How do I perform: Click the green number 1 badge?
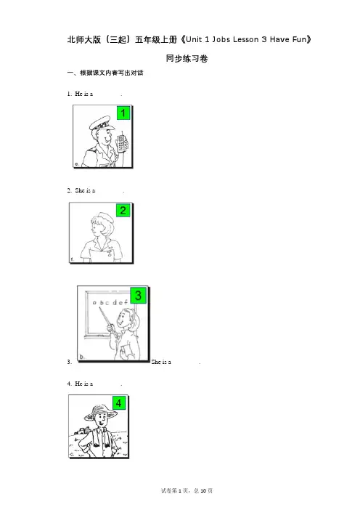[x=123, y=113]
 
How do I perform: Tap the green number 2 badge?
[x=123, y=210]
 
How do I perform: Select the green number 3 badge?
[x=138, y=296]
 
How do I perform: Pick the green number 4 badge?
[x=118, y=403]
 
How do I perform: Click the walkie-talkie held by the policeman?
[x=121, y=142]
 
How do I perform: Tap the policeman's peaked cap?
[x=102, y=122]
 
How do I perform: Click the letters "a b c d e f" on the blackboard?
[x=110, y=302]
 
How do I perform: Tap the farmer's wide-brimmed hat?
[x=100, y=412]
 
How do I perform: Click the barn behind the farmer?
[x=81, y=432]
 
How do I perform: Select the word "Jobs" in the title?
[x=221, y=40]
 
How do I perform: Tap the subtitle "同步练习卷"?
[x=187, y=59]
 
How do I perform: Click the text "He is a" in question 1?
[x=83, y=94]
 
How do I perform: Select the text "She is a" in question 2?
[x=85, y=190]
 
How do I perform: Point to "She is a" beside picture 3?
[x=161, y=362]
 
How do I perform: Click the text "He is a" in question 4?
[x=83, y=384]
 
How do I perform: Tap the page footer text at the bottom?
[x=187, y=491]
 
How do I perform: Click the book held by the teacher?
[x=123, y=352]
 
